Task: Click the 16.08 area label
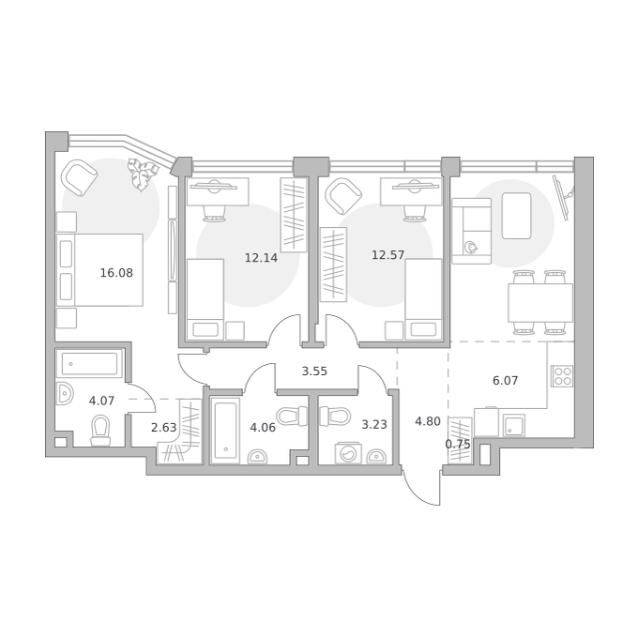point(116,273)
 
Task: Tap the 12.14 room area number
point(261,258)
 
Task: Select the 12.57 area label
point(387,255)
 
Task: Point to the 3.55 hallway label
point(314,372)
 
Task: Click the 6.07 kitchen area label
point(505,381)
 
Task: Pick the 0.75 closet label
point(458,445)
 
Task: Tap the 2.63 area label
point(163,428)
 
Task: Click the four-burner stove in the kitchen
point(562,376)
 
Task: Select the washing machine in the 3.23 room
point(348,453)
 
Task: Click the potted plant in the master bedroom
point(143,174)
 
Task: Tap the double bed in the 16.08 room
point(99,270)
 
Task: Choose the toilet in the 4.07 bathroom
point(100,431)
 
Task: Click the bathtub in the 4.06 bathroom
point(225,431)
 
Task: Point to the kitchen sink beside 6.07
point(513,426)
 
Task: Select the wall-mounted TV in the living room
point(563,197)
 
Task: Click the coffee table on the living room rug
point(516,216)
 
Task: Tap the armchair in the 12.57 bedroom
point(343,196)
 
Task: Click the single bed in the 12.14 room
point(205,299)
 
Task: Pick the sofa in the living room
point(472,231)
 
